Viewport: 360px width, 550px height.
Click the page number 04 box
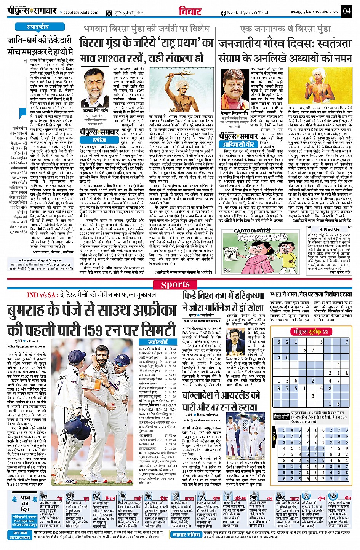point(346,11)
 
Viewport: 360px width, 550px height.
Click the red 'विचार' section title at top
point(190,11)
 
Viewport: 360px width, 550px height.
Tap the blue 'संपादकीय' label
point(37,27)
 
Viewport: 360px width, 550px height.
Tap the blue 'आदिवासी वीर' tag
point(239,144)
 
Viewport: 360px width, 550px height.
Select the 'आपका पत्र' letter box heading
point(330,230)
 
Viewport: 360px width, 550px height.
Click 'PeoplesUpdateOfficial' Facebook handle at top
point(247,13)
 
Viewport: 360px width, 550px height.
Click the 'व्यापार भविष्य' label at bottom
point(186,535)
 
